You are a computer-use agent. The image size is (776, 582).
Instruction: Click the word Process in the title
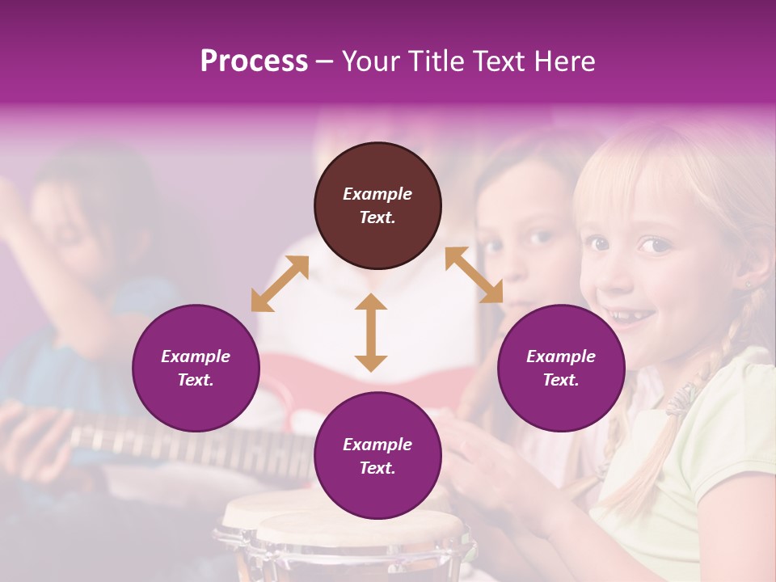click(254, 61)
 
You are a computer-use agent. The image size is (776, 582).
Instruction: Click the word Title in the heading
click(436, 61)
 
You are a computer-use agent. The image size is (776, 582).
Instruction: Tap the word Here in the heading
click(563, 61)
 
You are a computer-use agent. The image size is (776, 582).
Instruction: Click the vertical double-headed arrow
click(371, 332)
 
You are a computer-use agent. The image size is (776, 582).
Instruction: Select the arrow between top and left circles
click(280, 284)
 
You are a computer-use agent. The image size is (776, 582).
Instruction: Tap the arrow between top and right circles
click(474, 275)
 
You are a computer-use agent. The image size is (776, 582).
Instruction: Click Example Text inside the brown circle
click(377, 205)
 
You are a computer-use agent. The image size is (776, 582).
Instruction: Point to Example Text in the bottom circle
click(377, 456)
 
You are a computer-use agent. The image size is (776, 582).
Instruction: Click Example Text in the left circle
click(196, 368)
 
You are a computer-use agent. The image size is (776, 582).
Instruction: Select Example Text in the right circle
click(561, 368)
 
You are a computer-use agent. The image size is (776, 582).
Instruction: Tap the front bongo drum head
click(360, 529)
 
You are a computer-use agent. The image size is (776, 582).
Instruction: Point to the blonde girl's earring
click(747, 284)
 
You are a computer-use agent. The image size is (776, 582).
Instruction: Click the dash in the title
click(325, 62)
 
